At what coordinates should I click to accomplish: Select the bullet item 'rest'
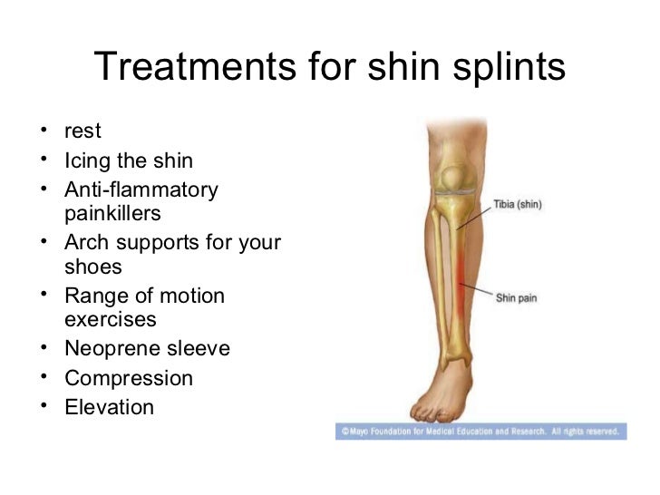[x=82, y=132]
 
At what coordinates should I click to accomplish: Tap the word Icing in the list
[x=86, y=161]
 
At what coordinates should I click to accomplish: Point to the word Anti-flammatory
[x=141, y=190]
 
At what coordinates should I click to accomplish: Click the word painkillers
[x=112, y=214]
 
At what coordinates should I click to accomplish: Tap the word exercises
[x=111, y=320]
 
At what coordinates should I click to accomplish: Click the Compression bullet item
[x=129, y=378]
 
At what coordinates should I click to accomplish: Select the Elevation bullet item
[x=109, y=407]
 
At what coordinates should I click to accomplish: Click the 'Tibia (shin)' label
[x=518, y=205]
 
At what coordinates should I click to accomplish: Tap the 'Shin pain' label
[x=518, y=296]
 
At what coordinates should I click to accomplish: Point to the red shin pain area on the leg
[x=461, y=281]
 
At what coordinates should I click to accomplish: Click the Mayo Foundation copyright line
[x=478, y=432]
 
